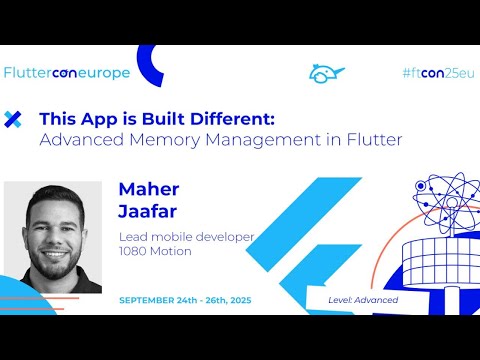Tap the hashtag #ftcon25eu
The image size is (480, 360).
pyautogui.click(x=436, y=73)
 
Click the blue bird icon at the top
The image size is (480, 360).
pyautogui.click(x=326, y=73)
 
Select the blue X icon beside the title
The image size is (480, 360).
pyautogui.click(x=13, y=119)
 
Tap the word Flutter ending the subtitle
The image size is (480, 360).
pyautogui.click(x=373, y=140)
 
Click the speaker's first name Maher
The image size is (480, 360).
pyautogui.click(x=147, y=188)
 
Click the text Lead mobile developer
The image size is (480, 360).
pyautogui.click(x=186, y=237)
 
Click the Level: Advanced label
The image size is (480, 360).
pyautogui.click(x=363, y=300)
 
